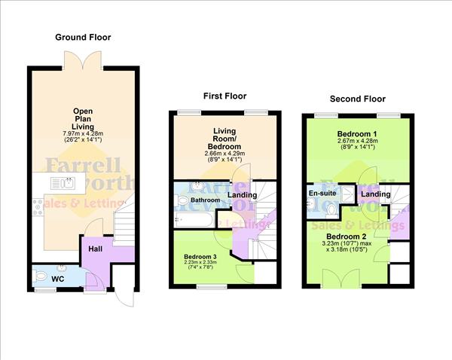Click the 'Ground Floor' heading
(84, 36)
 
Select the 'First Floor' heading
(224, 96)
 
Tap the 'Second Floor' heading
(357, 99)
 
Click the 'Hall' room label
(96, 249)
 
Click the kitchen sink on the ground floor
(61, 183)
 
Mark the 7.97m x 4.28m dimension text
(82, 134)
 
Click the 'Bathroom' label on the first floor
(204, 201)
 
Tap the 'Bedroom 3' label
(200, 256)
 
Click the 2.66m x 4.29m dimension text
(225, 153)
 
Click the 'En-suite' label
(321, 193)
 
